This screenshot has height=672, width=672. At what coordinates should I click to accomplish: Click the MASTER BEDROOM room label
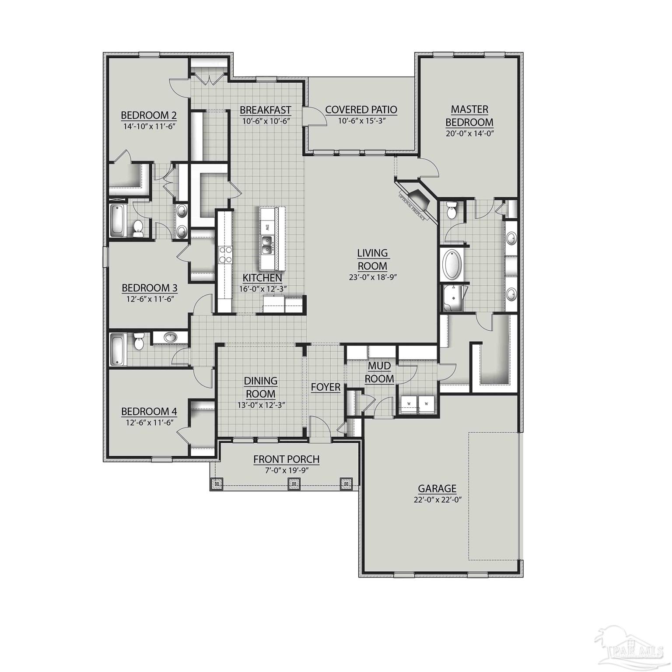pyautogui.click(x=469, y=116)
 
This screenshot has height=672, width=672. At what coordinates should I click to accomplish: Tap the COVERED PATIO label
pyautogui.click(x=361, y=110)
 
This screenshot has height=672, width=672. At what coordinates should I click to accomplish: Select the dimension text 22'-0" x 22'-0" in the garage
pyautogui.click(x=437, y=500)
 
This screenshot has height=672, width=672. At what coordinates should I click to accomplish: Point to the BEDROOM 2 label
pyautogui.click(x=149, y=115)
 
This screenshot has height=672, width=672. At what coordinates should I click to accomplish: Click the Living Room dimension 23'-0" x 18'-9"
pyautogui.click(x=372, y=276)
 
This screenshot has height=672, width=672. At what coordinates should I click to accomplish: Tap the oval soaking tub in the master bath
pyautogui.click(x=452, y=265)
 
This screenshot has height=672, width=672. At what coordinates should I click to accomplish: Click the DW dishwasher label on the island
pyautogui.click(x=266, y=227)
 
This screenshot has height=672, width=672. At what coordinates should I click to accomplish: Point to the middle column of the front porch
pyautogui.click(x=294, y=483)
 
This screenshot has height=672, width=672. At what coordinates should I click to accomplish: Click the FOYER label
pyautogui.click(x=325, y=387)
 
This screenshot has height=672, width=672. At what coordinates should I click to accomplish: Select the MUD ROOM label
pyautogui.click(x=379, y=372)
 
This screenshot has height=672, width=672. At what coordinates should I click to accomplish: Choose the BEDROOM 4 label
pyautogui.click(x=149, y=412)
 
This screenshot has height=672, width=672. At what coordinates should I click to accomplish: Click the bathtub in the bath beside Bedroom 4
pyautogui.click(x=117, y=350)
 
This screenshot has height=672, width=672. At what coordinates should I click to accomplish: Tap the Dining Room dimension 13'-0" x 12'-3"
pyautogui.click(x=261, y=405)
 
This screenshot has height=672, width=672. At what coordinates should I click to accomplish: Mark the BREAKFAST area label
pyautogui.click(x=265, y=110)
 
